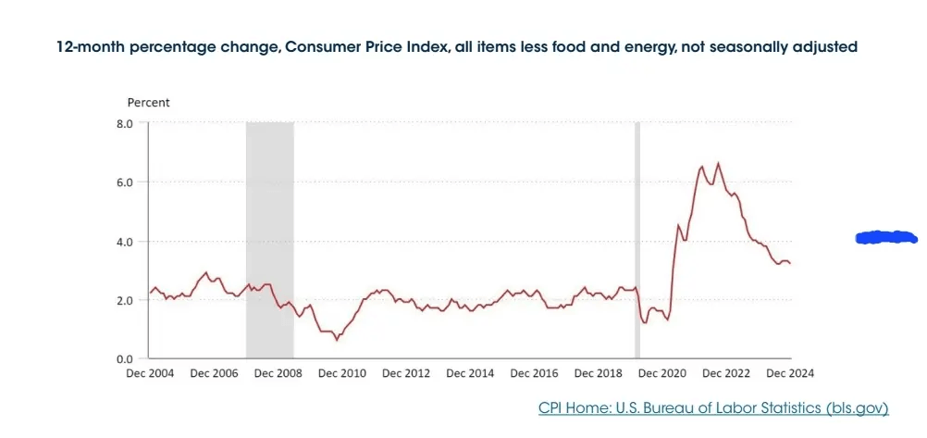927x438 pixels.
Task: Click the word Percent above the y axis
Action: pyautogui.click(x=148, y=102)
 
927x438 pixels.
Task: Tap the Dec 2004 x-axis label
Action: pyautogui.click(x=150, y=373)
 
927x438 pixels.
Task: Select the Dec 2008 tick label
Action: pyautogui.click(x=278, y=373)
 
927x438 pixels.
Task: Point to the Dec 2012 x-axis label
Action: pyautogui.click(x=406, y=373)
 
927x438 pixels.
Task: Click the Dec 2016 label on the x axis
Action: pyautogui.click(x=534, y=373)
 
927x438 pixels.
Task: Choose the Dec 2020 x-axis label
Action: pyautogui.click(x=662, y=373)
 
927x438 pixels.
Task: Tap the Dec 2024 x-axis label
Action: pyautogui.click(x=790, y=373)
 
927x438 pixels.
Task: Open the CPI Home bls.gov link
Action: pyautogui.click(x=712, y=407)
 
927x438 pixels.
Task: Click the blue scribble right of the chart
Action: pyautogui.click(x=886, y=237)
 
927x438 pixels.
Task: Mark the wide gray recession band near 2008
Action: pyautogui.click(x=269, y=232)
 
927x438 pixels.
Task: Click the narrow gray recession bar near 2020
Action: pyautogui.click(x=637, y=232)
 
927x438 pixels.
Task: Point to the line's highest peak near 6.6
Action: pyautogui.click(x=718, y=164)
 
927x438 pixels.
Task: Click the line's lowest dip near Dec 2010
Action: pyautogui.click(x=337, y=340)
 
